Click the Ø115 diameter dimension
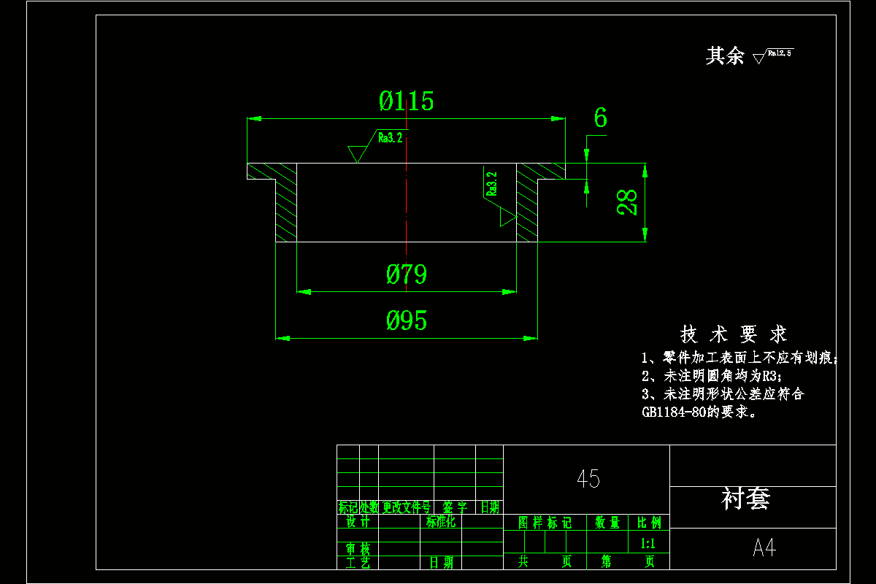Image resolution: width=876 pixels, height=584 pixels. [x=406, y=101]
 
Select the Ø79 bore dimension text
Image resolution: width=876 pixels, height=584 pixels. [x=406, y=274]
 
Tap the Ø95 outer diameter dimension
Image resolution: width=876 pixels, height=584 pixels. [x=406, y=320]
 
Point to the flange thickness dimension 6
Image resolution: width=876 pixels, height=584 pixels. [x=600, y=118]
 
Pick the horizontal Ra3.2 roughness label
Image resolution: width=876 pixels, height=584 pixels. [x=390, y=137]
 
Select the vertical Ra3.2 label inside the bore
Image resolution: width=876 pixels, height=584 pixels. [x=491, y=184]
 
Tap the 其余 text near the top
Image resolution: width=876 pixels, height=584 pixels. [x=724, y=55]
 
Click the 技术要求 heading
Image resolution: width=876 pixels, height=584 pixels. [x=734, y=334]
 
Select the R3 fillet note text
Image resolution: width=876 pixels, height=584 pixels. [x=771, y=376]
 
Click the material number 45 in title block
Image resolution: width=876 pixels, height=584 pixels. [x=588, y=479]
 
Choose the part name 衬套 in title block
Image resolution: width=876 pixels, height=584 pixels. [x=745, y=499]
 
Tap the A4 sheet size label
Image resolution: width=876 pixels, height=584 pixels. [x=764, y=547]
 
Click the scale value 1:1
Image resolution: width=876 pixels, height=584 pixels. [x=648, y=543]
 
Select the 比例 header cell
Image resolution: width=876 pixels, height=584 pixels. [x=648, y=523]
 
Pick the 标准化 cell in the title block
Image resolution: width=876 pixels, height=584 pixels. [x=441, y=522]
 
